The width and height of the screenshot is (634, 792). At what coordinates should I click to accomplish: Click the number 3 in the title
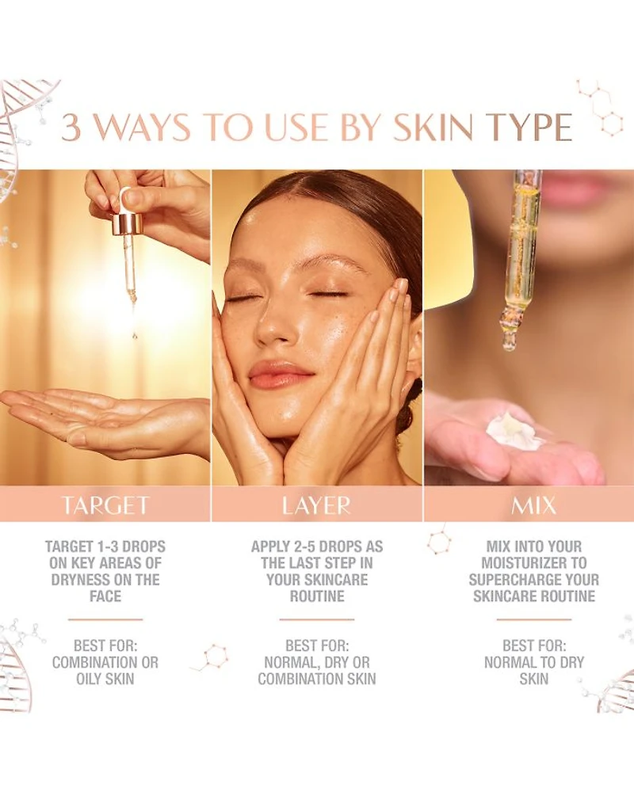click(71, 128)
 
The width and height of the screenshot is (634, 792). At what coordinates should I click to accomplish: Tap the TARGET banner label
click(105, 505)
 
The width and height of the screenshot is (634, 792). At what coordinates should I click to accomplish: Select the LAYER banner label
click(316, 505)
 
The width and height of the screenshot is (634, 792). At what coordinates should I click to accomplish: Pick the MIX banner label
click(533, 505)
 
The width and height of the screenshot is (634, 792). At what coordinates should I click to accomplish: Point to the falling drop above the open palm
click(135, 335)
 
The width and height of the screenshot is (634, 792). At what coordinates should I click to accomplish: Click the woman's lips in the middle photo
click(280, 373)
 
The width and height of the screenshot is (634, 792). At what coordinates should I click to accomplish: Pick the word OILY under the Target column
click(89, 679)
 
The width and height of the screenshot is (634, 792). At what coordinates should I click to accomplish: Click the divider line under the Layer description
click(316, 619)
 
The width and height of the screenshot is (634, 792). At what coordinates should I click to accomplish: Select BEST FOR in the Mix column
click(534, 645)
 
